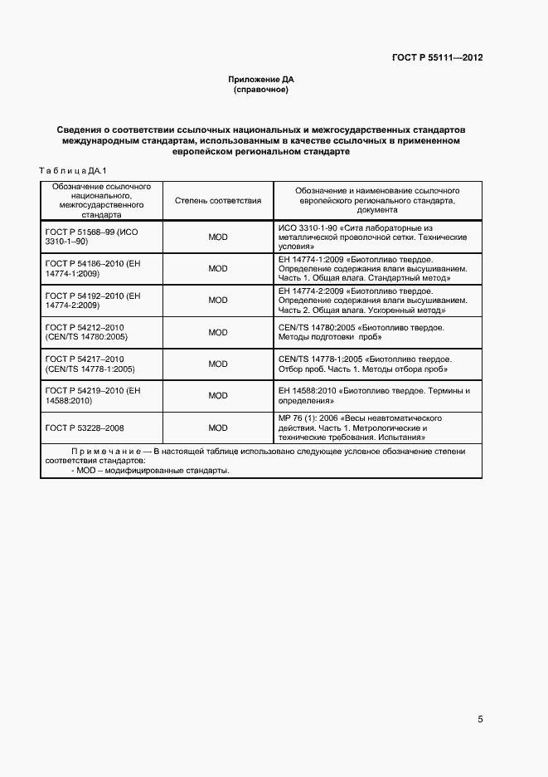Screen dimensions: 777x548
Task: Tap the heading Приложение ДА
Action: (x=261, y=79)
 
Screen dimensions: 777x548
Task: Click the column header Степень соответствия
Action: (x=218, y=200)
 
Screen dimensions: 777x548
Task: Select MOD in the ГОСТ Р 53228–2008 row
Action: (x=218, y=428)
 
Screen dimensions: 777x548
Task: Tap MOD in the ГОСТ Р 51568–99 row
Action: (x=218, y=237)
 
